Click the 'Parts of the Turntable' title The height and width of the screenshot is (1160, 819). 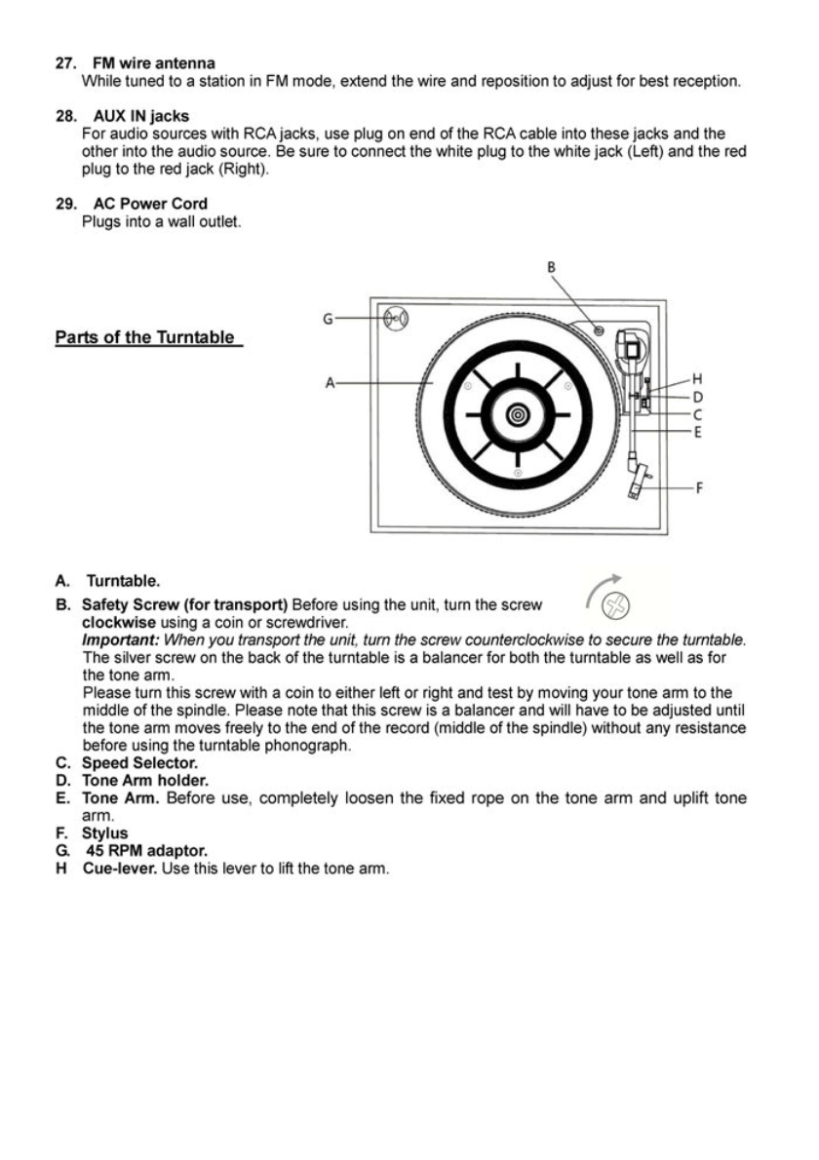point(145,337)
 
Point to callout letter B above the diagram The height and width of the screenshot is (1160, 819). point(550,265)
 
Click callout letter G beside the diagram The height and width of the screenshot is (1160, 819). point(329,318)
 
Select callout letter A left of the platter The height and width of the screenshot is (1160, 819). point(331,384)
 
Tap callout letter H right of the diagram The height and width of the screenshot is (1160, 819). point(696,378)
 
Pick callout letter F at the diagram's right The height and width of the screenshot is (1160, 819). point(697,487)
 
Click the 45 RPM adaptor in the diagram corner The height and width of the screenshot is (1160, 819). point(395,318)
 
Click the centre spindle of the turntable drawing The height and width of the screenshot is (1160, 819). point(517,416)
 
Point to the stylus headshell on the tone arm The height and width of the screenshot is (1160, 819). point(642,484)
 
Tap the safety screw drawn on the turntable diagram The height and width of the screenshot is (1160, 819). point(599,333)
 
